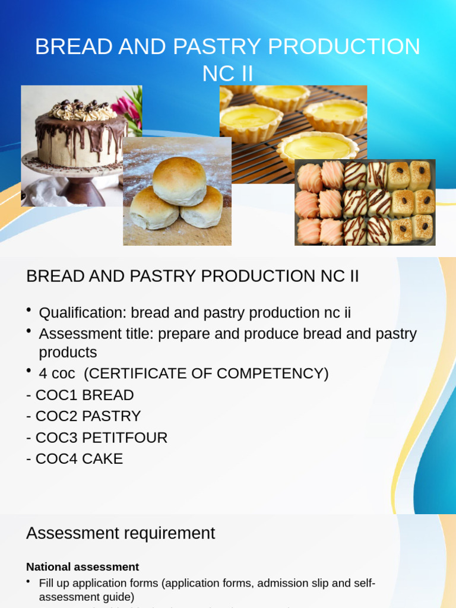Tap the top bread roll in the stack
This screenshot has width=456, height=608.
[x=179, y=180]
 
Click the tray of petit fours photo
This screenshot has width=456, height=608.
[x=365, y=202]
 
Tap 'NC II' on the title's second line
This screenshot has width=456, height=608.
[x=227, y=74]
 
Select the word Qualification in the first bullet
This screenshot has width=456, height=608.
[x=83, y=313]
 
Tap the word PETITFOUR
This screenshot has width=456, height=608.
[x=125, y=438]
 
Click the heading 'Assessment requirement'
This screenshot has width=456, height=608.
[x=121, y=533]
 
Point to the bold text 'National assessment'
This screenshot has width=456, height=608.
[x=83, y=567]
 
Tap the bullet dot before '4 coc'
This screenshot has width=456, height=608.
[x=29, y=371]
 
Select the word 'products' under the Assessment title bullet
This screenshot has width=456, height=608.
[x=68, y=353]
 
